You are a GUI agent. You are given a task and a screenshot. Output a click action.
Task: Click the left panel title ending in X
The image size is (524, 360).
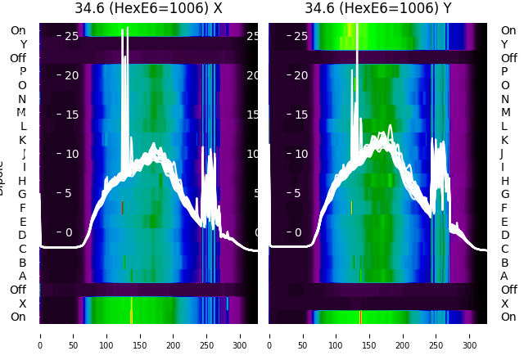click(x=148, y=9)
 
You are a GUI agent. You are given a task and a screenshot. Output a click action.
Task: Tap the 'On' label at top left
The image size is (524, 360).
click(x=18, y=30)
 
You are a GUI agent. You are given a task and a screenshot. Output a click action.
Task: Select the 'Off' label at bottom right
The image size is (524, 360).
click(x=508, y=290)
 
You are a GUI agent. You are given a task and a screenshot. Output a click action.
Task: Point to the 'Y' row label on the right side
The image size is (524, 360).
click(x=504, y=44)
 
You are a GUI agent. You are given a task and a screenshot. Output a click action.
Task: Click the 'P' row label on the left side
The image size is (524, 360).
click(x=22, y=71)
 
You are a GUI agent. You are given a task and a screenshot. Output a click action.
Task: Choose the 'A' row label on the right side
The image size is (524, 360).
click(x=504, y=276)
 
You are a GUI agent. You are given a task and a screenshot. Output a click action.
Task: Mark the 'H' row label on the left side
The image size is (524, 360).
click(x=22, y=181)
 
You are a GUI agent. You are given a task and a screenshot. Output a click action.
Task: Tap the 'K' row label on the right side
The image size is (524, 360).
click(x=504, y=140)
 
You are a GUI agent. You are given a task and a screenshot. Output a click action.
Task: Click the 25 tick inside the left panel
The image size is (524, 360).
click(x=70, y=36)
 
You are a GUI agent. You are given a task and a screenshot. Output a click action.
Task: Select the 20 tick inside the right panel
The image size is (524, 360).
click(x=300, y=75)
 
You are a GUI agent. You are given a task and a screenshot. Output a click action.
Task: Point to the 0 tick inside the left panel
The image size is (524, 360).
click(x=69, y=232)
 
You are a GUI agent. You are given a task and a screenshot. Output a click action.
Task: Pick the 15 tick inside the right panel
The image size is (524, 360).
click(x=300, y=115)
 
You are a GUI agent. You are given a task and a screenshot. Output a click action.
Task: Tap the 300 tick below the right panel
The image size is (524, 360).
click(x=470, y=335)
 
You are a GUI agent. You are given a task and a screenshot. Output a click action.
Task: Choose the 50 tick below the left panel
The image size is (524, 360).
click(x=73, y=335)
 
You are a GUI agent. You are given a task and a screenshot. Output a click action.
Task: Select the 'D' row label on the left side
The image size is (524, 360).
click(x=22, y=235)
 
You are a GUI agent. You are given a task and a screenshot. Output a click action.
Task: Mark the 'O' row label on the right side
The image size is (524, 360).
click(x=504, y=85)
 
